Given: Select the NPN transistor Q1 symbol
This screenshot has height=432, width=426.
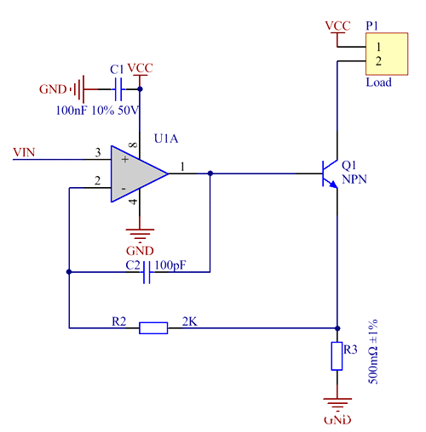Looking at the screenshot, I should point(330,173).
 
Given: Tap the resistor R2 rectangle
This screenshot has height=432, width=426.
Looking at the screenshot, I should point(153,327).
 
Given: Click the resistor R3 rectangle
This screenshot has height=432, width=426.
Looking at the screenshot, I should point(338,355).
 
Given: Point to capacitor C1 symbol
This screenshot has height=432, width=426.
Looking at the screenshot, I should point(118,87).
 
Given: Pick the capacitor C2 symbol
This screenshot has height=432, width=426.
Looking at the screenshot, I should point(147,272).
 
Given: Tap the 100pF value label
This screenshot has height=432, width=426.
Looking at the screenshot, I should point(170,265).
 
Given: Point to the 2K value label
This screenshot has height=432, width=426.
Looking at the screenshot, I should point(189,321).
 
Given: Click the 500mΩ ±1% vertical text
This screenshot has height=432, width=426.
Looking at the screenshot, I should point(373,353).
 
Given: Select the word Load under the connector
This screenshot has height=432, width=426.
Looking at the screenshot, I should point(378,82).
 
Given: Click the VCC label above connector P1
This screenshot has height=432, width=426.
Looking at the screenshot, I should point(337,26).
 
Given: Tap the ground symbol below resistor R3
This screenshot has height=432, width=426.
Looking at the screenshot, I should point(338,406).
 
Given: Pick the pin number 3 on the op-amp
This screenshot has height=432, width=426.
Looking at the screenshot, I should point(98,153).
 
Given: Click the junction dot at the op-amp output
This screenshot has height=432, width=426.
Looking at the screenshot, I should point(210,173).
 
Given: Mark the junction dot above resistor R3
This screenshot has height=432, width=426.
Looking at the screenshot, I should point(338,327).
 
